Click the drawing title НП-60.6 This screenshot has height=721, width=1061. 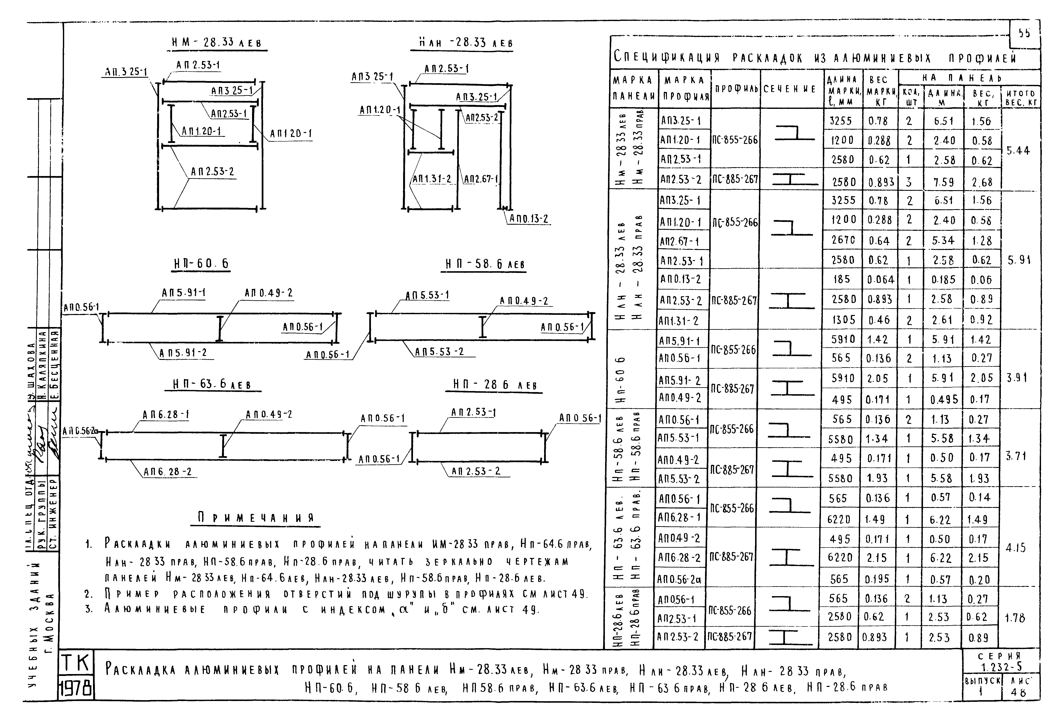click(201, 264)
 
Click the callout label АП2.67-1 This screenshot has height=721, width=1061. click(481, 179)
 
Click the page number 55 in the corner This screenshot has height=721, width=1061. click(1024, 33)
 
